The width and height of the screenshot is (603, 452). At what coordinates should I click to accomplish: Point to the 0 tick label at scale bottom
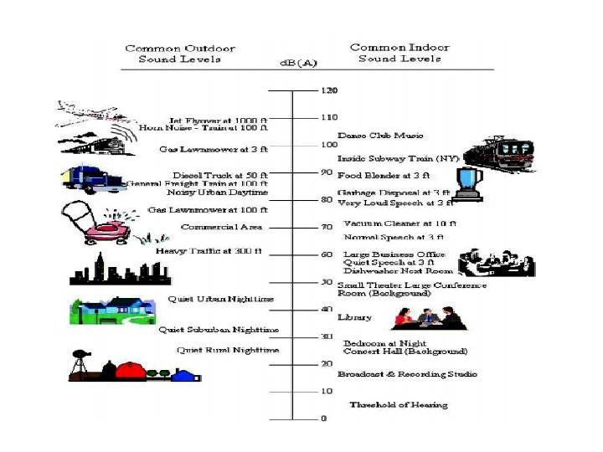[324, 418]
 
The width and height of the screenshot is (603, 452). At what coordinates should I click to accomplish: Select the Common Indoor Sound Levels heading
[399, 53]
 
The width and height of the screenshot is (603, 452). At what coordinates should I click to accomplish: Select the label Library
[354, 317]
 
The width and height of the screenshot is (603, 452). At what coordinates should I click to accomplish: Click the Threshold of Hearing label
[399, 405]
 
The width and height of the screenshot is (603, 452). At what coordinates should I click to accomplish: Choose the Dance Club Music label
[380, 136]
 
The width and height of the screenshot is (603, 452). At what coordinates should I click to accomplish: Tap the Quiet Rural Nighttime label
[228, 350]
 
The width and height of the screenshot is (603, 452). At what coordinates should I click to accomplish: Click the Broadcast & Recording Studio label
[407, 374]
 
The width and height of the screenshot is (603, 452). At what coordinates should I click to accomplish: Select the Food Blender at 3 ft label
[383, 176]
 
